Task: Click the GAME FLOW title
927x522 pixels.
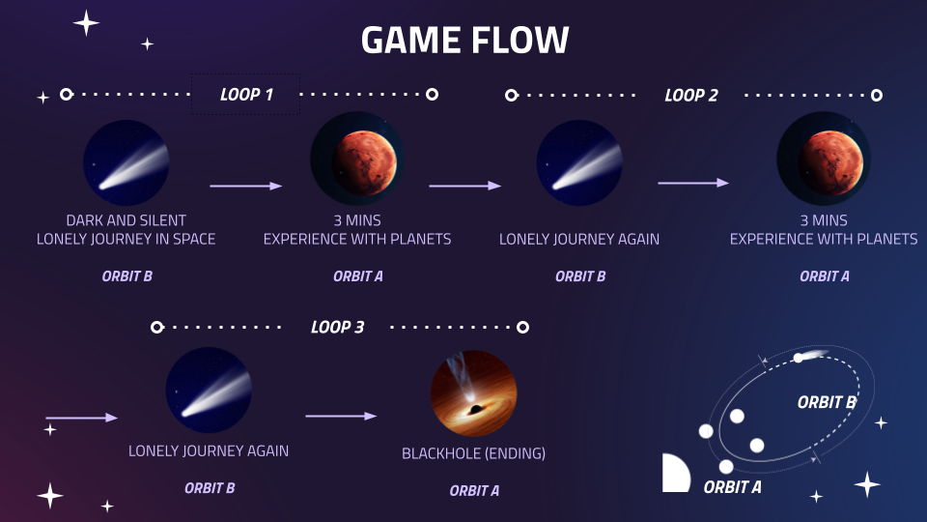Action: pyautogui.click(x=464, y=41)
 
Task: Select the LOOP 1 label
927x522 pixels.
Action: pyautogui.click(x=246, y=95)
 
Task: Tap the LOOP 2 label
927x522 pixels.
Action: pyautogui.click(x=691, y=96)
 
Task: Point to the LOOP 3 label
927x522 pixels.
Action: pyautogui.click(x=337, y=328)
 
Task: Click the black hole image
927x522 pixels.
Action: pyautogui.click(x=473, y=393)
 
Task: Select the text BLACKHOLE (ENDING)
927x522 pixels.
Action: pyautogui.click(x=473, y=453)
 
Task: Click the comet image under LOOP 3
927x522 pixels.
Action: pyautogui.click(x=209, y=390)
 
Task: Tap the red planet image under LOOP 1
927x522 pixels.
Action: pyautogui.click(x=357, y=159)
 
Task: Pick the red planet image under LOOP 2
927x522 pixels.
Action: pyautogui.click(x=824, y=159)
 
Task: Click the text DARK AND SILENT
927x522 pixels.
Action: pyautogui.click(x=126, y=220)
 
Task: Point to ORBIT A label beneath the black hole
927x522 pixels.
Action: pyautogui.click(x=474, y=491)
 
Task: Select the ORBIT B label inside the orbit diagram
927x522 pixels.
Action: pyautogui.click(x=827, y=402)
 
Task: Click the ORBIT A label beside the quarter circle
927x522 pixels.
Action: pyautogui.click(x=732, y=487)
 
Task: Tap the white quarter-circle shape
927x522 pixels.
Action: pyautogui.click(x=674, y=475)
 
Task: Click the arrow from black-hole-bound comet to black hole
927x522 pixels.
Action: pyautogui.click(x=341, y=416)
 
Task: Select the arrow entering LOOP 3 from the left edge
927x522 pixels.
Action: pyautogui.click(x=81, y=418)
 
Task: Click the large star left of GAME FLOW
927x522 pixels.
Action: pyautogui.click(x=86, y=23)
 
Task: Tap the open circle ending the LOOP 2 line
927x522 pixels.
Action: pyautogui.click(x=877, y=95)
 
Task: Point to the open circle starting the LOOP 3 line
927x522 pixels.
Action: pyautogui.click(x=156, y=328)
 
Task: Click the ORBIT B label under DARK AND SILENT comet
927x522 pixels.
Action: pyautogui.click(x=126, y=276)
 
